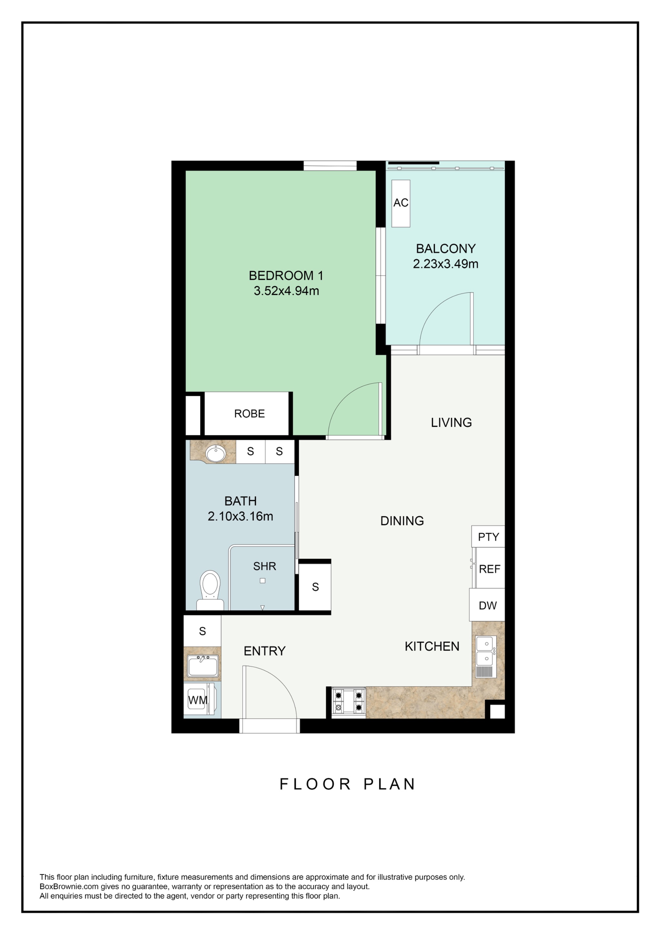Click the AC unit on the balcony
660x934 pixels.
[x=401, y=203]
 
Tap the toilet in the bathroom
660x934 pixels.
[x=210, y=588]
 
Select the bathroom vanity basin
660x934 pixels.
[x=216, y=453]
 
